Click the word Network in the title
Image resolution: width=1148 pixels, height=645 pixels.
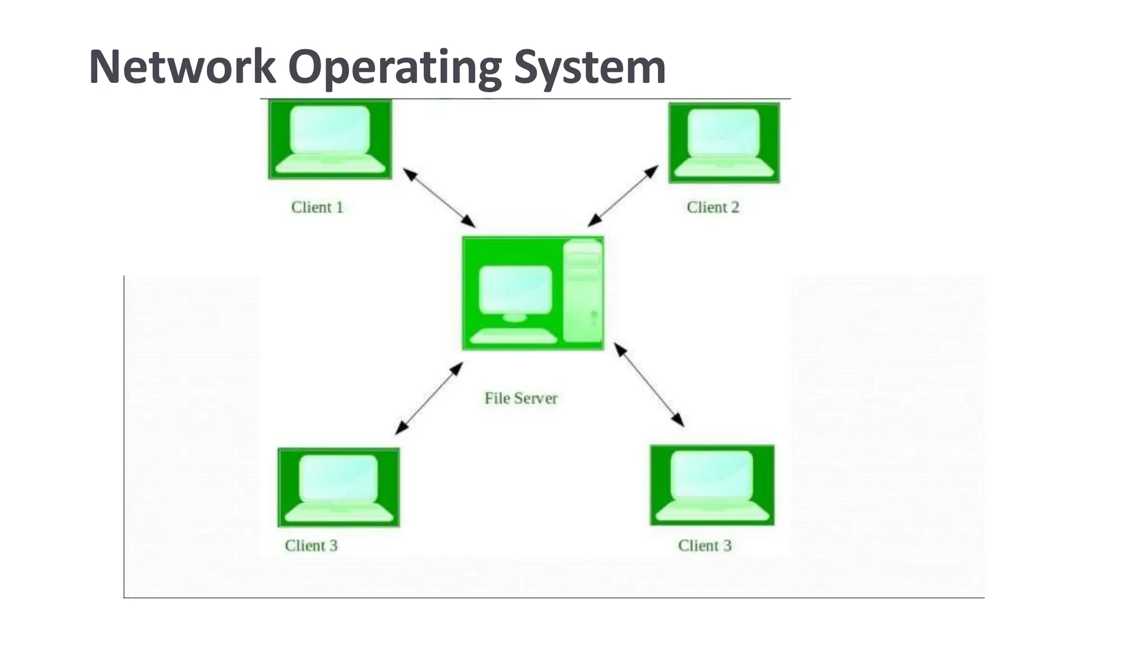point(182,67)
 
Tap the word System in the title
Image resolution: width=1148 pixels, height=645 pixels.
point(590,67)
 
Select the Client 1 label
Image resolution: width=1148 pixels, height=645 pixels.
point(317,207)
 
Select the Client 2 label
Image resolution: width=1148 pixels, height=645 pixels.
point(713,207)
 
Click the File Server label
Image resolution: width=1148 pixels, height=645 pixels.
point(521,398)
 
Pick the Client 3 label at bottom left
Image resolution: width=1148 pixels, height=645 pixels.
point(311,545)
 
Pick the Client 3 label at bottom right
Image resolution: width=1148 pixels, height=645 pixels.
point(705,545)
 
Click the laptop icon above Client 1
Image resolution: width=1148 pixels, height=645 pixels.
point(330,139)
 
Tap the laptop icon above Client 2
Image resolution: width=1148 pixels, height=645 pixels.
point(724,143)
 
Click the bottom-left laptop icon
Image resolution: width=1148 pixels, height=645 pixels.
point(339,487)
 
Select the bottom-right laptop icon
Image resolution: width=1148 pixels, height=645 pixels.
point(712,485)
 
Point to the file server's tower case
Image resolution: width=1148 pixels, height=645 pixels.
point(583,291)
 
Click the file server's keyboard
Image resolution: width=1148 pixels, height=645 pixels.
point(513,336)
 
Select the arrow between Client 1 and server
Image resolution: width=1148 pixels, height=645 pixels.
point(439,198)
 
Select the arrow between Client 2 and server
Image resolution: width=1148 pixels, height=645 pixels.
point(623,196)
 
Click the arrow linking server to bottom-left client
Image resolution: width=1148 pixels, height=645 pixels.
point(429,398)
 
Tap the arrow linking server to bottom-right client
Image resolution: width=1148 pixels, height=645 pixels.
point(649,385)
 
